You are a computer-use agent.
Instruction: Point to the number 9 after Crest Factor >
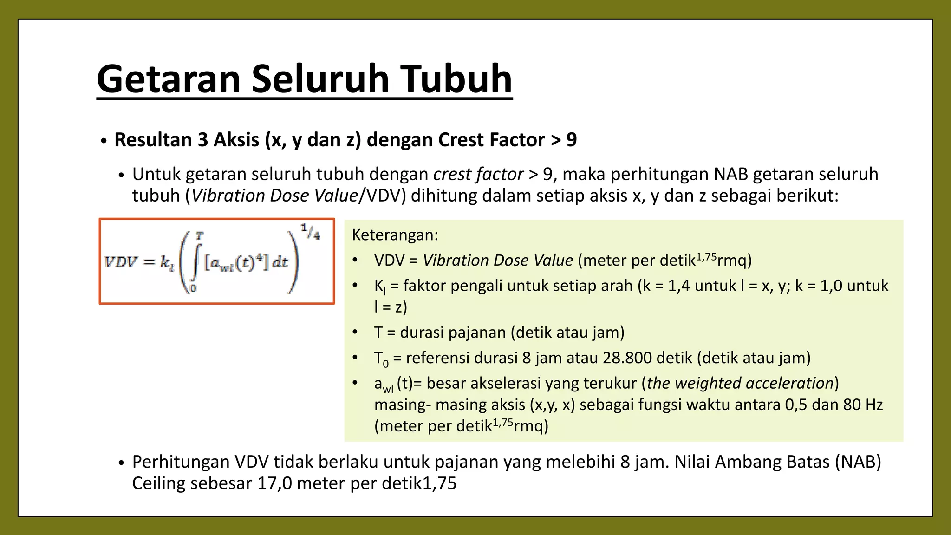(x=572, y=140)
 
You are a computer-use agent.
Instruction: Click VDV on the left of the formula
(x=121, y=262)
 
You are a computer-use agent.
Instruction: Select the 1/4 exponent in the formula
(x=310, y=231)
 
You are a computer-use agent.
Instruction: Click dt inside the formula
(x=280, y=262)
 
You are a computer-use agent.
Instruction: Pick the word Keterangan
(x=395, y=235)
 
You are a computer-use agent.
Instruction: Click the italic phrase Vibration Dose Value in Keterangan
(x=497, y=261)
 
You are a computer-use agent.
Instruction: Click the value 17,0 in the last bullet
(x=274, y=483)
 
